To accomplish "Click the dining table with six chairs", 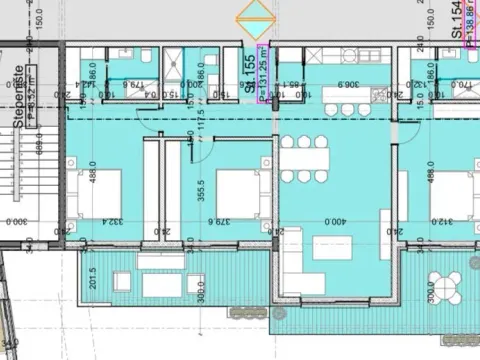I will point(304,158).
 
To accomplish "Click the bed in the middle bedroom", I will point(237,185).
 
